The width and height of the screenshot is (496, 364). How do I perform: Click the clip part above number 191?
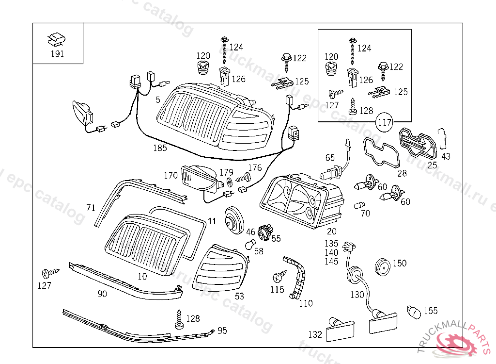point(57,38)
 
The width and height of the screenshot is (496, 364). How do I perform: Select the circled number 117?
point(385,122)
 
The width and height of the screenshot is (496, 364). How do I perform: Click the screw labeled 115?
point(279,278)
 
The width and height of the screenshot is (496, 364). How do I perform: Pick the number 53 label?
point(239,296)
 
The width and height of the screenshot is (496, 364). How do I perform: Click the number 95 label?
point(222,331)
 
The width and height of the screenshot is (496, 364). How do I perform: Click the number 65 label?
point(330,157)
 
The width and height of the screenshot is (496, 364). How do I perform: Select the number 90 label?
point(102,294)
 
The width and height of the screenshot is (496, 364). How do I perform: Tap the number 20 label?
point(331,232)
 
